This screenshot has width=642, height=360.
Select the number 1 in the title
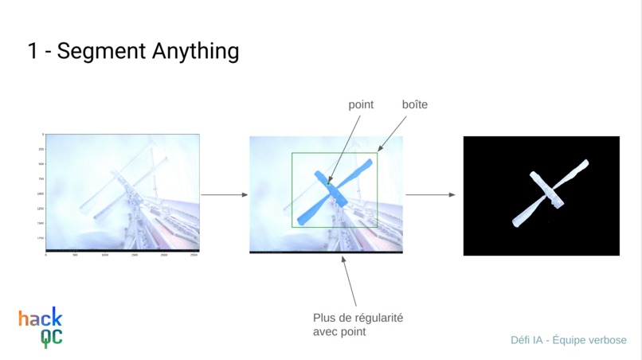pyautogui.click(x=33, y=51)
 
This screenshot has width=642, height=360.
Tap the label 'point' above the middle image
pyautogui.click(x=361, y=104)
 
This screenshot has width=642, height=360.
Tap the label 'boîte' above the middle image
pyautogui.click(x=414, y=104)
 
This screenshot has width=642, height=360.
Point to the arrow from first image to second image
pyautogui.click(x=225, y=194)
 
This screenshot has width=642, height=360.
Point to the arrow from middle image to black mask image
pyautogui.click(x=430, y=194)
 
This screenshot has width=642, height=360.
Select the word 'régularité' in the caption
pyautogui.click(x=377, y=317)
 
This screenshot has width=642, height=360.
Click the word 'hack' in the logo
pyautogui.click(x=40, y=319)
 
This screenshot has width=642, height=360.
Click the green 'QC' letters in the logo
pyautogui.click(x=51, y=338)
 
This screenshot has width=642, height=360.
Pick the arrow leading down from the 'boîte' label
pyautogui.click(x=390, y=134)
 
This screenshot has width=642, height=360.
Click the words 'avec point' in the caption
pyautogui.click(x=339, y=331)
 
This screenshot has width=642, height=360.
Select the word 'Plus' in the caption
pyautogui.click(x=325, y=317)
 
